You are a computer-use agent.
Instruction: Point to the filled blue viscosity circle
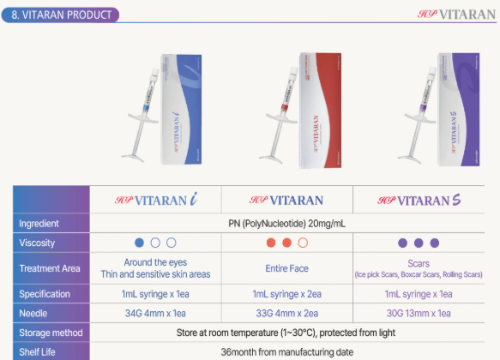[x=139, y=243]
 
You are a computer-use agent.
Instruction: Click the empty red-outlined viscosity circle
[x=303, y=243]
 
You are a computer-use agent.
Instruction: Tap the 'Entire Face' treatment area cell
[x=287, y=268]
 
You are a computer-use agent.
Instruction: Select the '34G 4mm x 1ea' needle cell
[x=155, y=313]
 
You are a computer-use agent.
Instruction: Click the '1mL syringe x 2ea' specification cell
[x=287, y=293]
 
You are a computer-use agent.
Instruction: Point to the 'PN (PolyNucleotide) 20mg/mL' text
[x=287, y=224]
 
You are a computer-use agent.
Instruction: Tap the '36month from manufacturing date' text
[x=287, y=351]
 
